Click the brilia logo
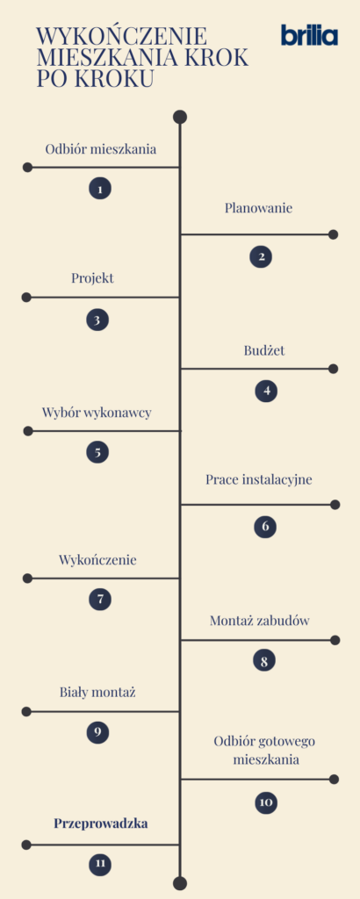(309, 35)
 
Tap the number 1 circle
(100, 189)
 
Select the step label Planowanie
(258, 207)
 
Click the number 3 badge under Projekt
(97, 320)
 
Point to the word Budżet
(264, 351)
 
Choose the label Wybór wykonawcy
(97, 413)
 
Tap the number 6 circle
(265, 527)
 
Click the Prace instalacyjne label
(259, 480)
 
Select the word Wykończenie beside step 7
(97, 559)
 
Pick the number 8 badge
(264, 662)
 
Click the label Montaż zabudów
(260, 621)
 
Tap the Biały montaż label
(97, 693)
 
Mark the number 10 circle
(266, 802)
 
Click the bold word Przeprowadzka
(101, 823)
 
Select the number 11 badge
(100, 864)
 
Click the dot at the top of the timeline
(180, 117)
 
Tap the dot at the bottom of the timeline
(180, 883)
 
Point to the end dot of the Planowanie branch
(334, 234)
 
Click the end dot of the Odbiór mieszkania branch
(27, 168)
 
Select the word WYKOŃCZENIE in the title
(121, 37)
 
